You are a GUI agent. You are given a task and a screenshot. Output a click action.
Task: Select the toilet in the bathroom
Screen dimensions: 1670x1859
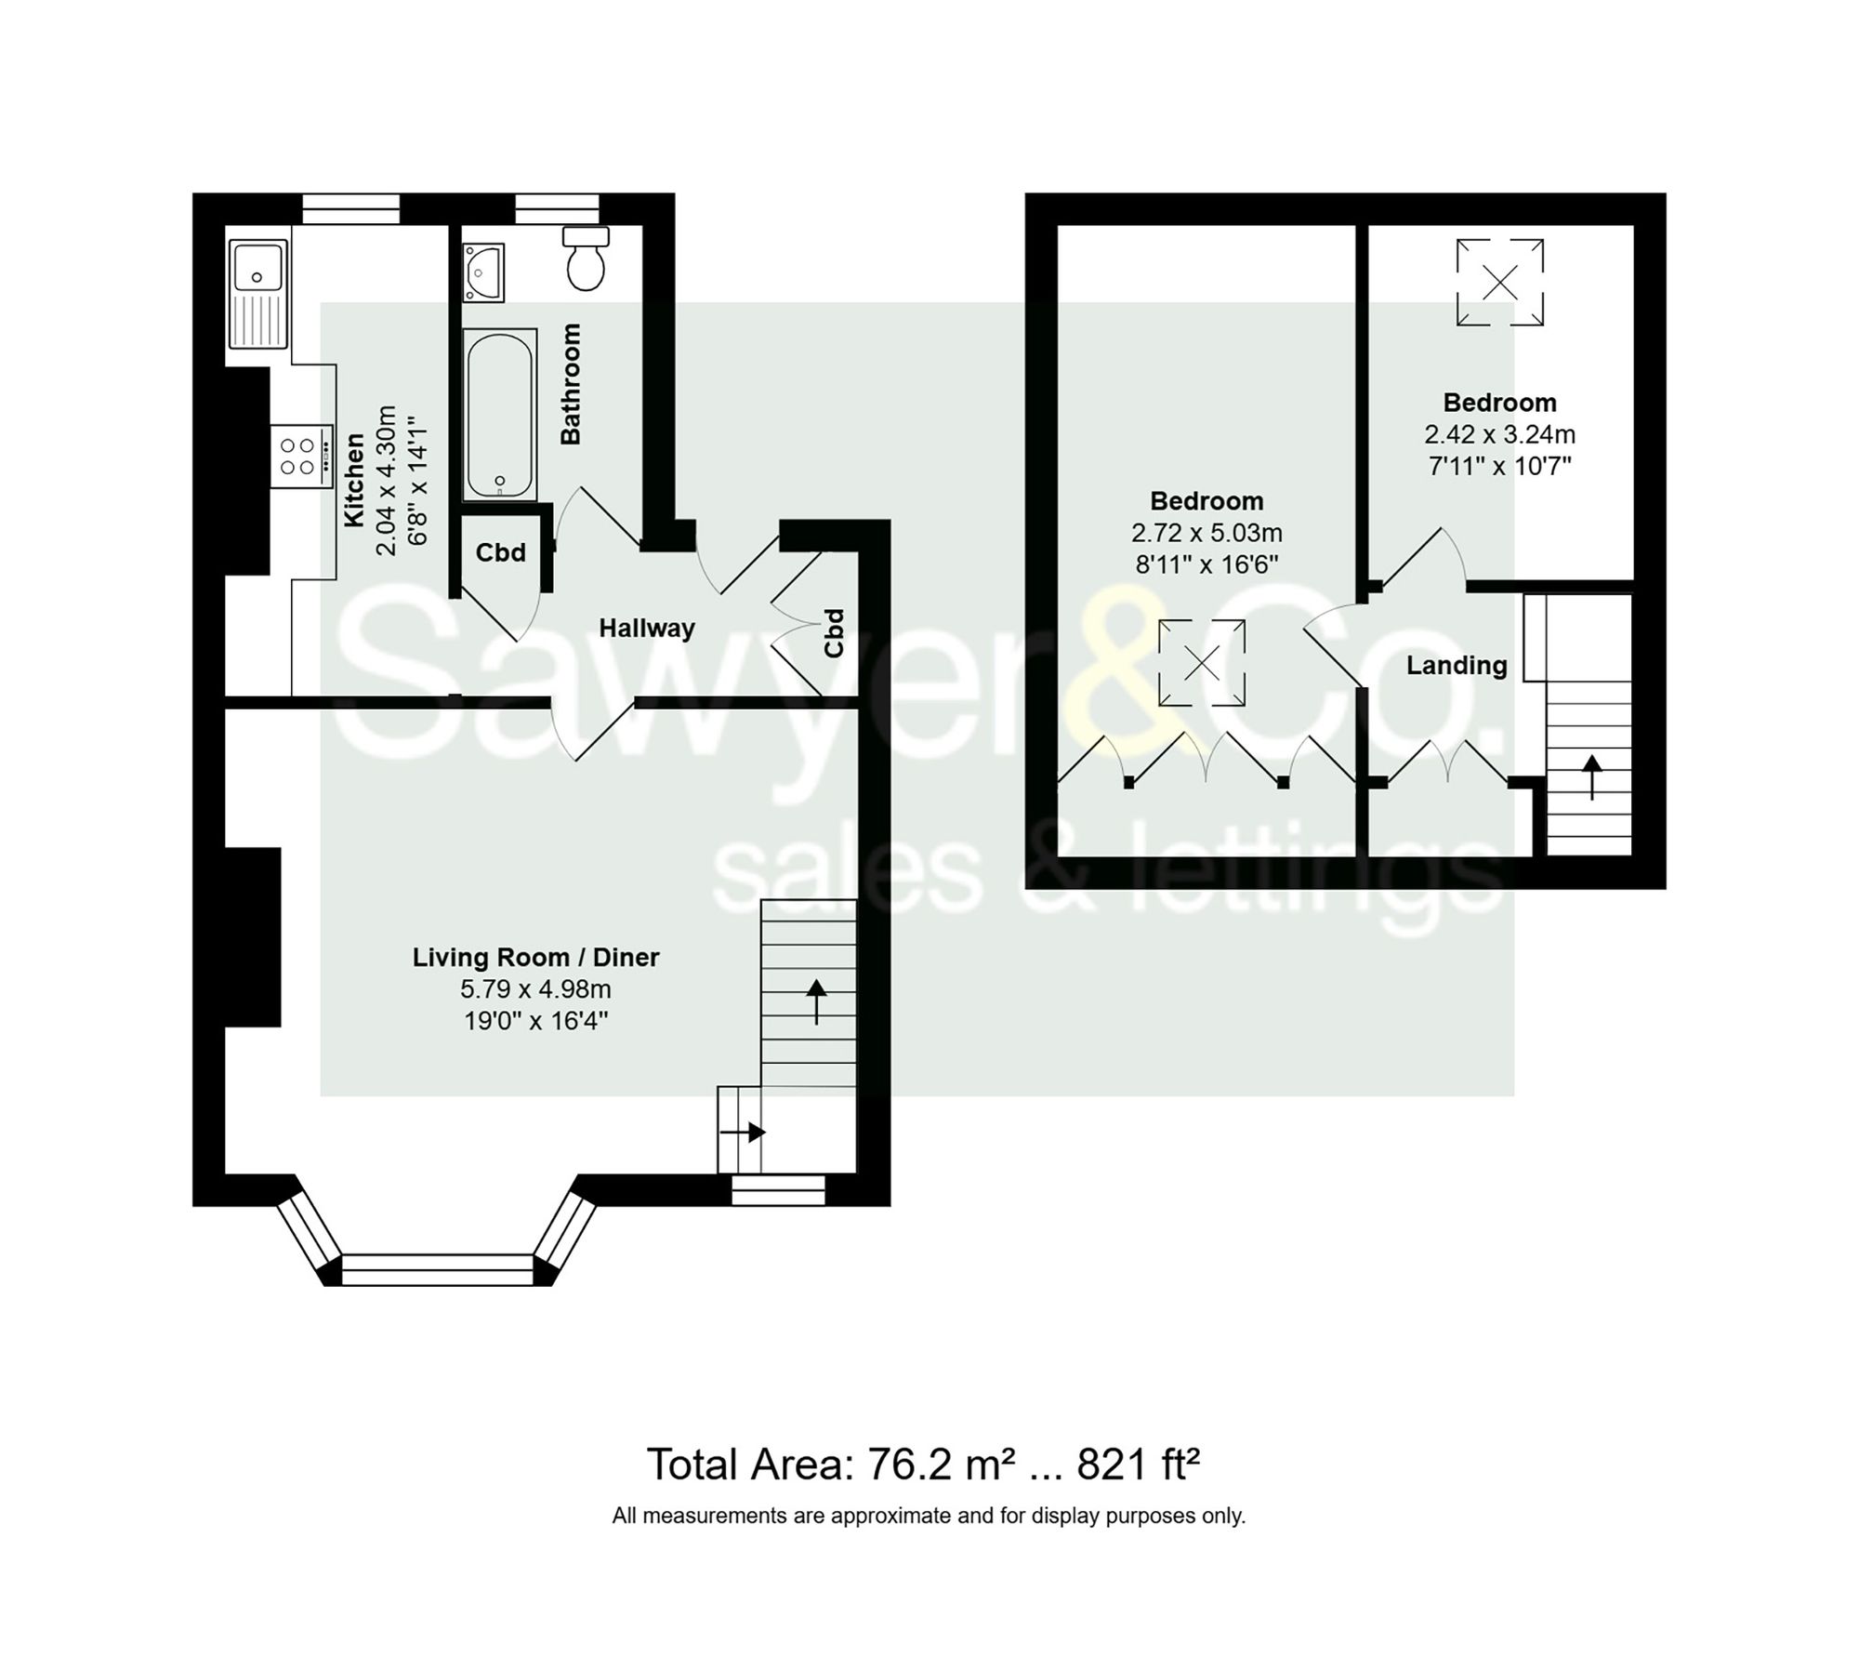[586, 259]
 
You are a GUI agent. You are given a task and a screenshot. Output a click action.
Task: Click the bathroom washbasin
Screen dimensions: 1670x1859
[483, 272]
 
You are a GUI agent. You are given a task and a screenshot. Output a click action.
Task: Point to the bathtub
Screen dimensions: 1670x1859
[501, 415]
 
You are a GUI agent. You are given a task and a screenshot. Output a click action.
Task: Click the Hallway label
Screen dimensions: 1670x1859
[646, 629]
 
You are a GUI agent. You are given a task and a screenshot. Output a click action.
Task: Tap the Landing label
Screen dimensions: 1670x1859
[1456, 666]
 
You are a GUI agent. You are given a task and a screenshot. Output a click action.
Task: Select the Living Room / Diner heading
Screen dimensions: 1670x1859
[535, 957]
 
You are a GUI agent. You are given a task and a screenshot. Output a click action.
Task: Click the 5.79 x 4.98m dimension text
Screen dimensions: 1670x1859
[535, 989]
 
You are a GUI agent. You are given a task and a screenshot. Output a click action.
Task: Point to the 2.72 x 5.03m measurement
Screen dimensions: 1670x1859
[1206, 533]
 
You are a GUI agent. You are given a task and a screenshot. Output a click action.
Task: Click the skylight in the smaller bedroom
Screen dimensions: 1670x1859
[1499, 282]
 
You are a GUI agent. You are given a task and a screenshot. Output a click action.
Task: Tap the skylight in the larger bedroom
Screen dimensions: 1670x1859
[1201, 663]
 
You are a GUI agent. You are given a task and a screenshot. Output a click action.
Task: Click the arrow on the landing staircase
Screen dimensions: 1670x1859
[1591, 777]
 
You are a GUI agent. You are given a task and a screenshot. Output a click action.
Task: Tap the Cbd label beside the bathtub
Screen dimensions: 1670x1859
[500, 553]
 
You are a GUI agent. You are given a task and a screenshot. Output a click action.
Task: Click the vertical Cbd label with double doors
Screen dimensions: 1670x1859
[834, 633]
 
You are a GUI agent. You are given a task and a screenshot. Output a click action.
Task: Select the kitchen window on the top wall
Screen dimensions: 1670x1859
[350, 208]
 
